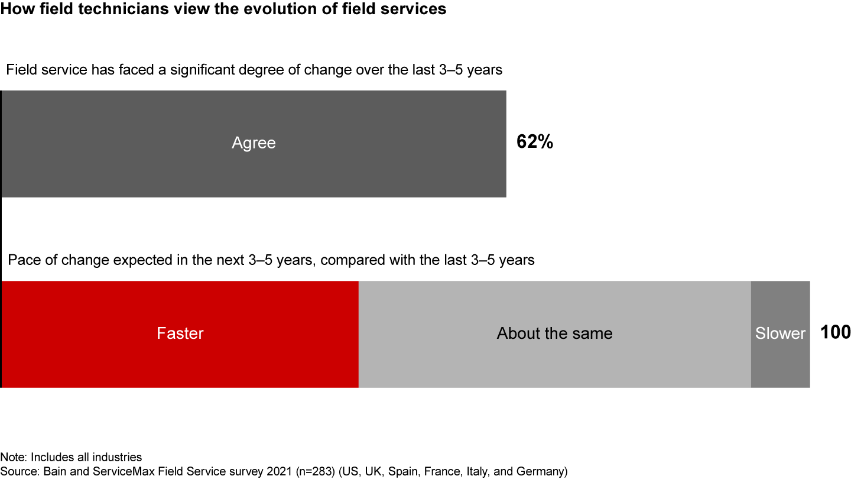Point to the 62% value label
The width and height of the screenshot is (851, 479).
[535, 143]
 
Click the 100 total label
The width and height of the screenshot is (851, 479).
[835, 332]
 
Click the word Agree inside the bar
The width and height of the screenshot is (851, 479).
[254, 143]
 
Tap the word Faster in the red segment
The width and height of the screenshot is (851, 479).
[180, 334]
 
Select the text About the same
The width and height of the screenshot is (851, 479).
[554, 334]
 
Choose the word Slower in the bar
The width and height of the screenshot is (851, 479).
[780, 334]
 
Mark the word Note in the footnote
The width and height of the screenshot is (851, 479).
[12, 457]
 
